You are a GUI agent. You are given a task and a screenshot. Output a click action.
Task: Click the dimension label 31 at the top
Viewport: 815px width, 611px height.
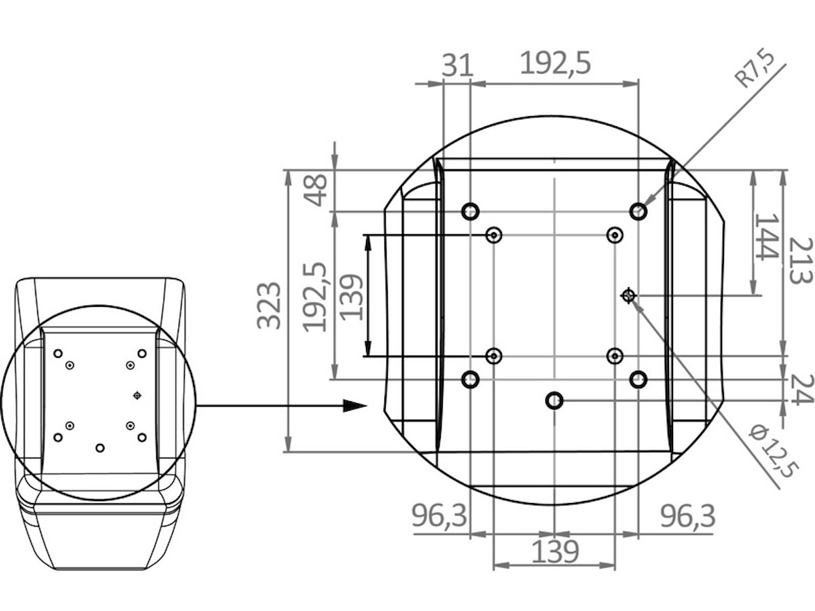pos(458,65)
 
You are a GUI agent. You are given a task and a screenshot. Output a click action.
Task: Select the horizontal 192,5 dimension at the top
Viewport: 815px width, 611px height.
pos(555,63)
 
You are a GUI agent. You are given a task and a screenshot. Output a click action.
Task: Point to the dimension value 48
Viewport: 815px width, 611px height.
pos(316,190)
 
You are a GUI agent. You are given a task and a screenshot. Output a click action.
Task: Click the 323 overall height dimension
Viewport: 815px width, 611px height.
pos(268,305)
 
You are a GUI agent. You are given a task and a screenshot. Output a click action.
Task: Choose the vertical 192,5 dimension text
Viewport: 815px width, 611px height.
pos(315,297)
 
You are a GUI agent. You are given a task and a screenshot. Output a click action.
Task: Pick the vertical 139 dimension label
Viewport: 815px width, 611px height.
pos(351,297)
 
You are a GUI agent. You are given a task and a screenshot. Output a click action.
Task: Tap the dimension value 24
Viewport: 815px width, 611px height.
pos(801,390)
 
